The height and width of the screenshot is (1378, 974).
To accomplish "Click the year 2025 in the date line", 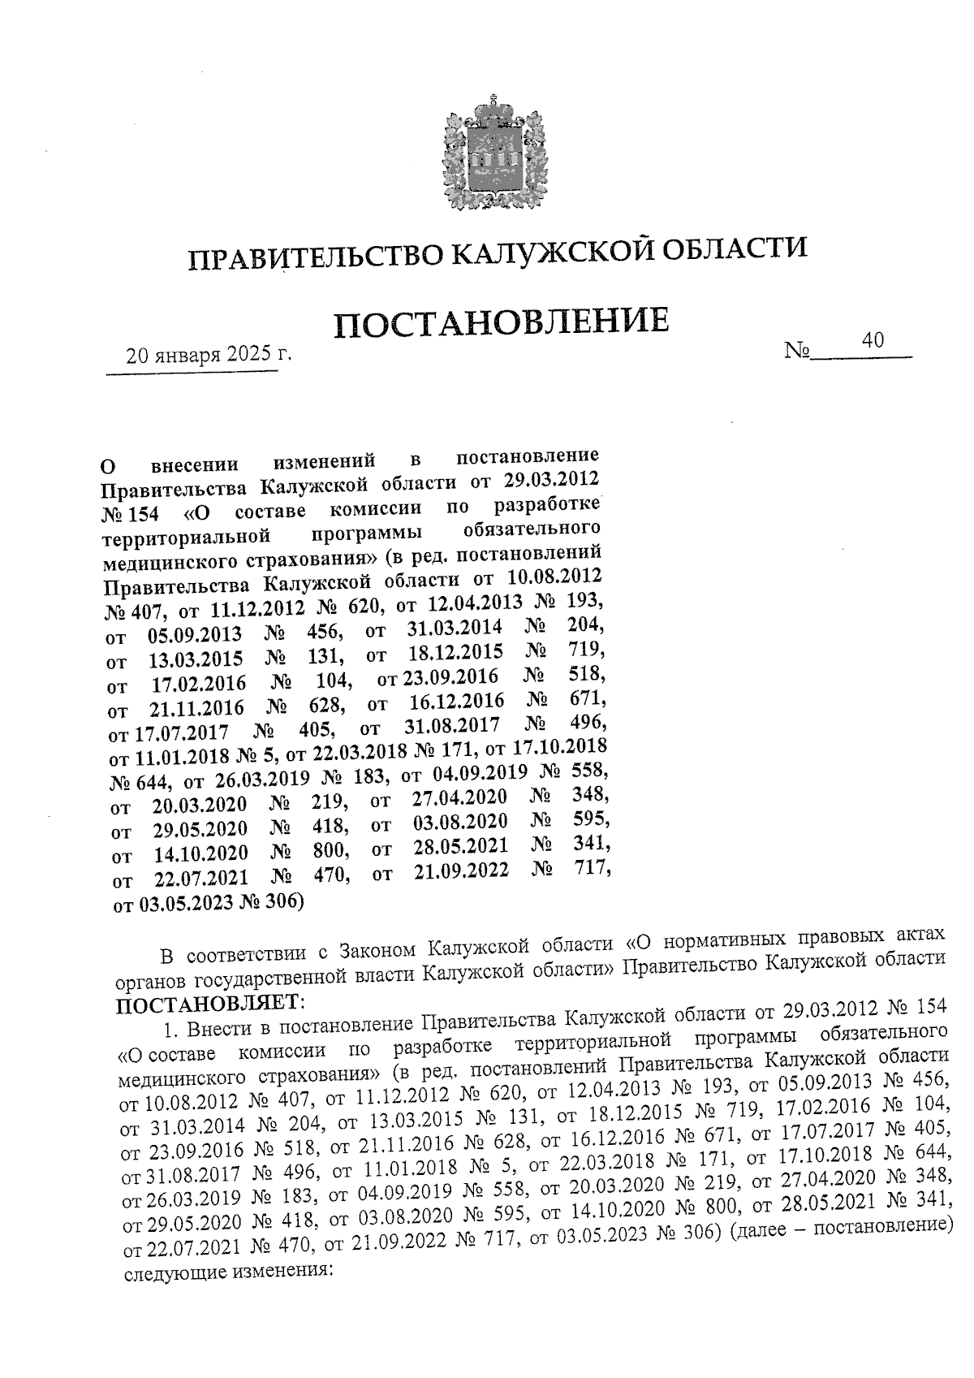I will tap(250, 355).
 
